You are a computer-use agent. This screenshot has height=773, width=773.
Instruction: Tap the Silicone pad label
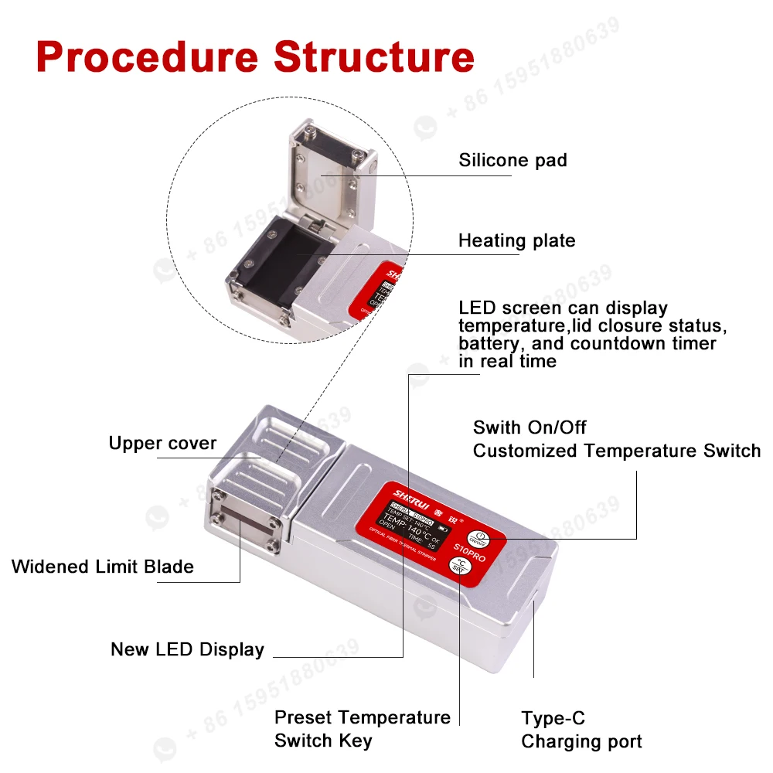pyautogui.click(x=512, y=161)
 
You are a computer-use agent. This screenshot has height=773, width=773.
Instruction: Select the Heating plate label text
pyautogui.click(x=516, y=240)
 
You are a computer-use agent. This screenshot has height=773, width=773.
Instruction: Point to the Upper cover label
pyautogui.click(x=162, y=444)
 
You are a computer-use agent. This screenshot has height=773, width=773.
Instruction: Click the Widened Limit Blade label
pyautogui.click(x=103, y=567)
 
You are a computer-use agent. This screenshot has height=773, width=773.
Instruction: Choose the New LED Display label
pyautogui.click(x=187, y=649)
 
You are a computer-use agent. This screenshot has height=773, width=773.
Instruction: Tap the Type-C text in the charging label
pyautogui.click(x=553, y=720)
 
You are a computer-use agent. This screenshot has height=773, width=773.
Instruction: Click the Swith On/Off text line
pyautogui.click(x=530, y=427)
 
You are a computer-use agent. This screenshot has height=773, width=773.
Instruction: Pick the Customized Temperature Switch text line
pyautogui.click(x=616, y=451)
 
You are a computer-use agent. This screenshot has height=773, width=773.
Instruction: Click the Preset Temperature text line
pyautogui.click(x=362, y=717)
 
